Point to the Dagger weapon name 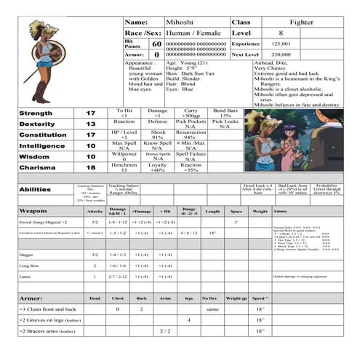[x=28, y=255]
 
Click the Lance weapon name [x=26, y=277]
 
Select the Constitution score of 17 [x=91, y=135]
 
